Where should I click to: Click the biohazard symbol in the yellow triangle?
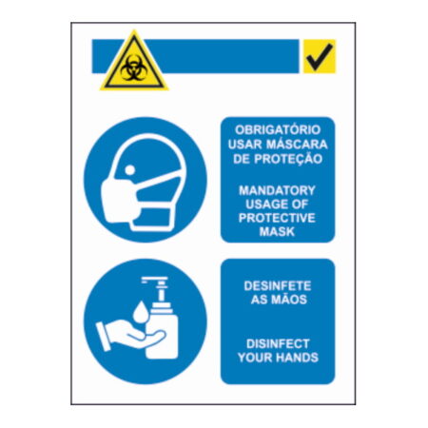134,68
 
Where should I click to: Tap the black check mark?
320,57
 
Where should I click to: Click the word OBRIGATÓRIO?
278,130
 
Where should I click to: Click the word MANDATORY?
277,190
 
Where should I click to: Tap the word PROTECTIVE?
277,218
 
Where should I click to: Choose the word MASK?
277,232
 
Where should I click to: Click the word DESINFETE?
278,286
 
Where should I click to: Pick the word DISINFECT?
278,344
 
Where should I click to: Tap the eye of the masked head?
130,170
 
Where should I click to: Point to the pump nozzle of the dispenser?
154,281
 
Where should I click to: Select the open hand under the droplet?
130,335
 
